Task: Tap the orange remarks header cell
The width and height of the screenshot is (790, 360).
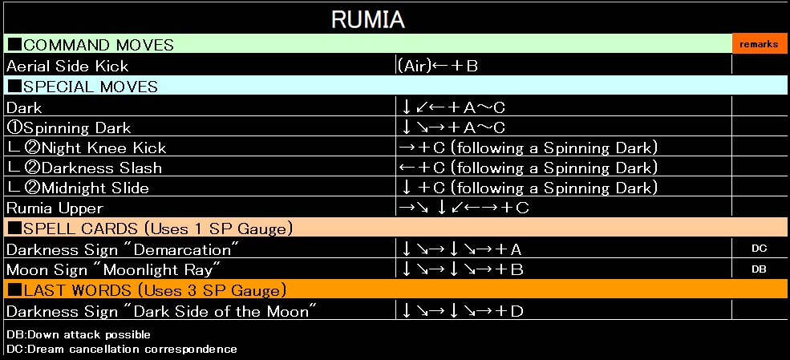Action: [758, 44]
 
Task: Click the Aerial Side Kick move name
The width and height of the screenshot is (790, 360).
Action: [67, 66]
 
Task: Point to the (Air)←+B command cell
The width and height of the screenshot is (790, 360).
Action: [438, 66]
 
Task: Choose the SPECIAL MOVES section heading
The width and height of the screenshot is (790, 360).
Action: [83, 86]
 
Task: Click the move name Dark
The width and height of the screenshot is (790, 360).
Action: [24, 107]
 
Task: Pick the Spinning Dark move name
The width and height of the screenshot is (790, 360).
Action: [68, 127]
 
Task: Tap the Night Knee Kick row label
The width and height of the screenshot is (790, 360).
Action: [86, 148]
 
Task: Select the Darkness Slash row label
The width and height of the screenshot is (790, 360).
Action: [83, 168]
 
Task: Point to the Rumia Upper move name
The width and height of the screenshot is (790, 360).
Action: [55, 208]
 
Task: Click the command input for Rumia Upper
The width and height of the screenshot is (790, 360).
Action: [464, 208]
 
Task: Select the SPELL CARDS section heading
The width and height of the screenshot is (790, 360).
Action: [149, 229]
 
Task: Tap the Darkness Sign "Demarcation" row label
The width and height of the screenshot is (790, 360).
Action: [124, 249]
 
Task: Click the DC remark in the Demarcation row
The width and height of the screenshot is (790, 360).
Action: [759, 249]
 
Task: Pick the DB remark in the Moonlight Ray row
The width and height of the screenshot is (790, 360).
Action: [759, 269]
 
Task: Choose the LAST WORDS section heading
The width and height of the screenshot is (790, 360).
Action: [147, 289]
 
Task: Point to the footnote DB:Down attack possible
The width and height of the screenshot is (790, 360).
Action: [79, 334]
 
